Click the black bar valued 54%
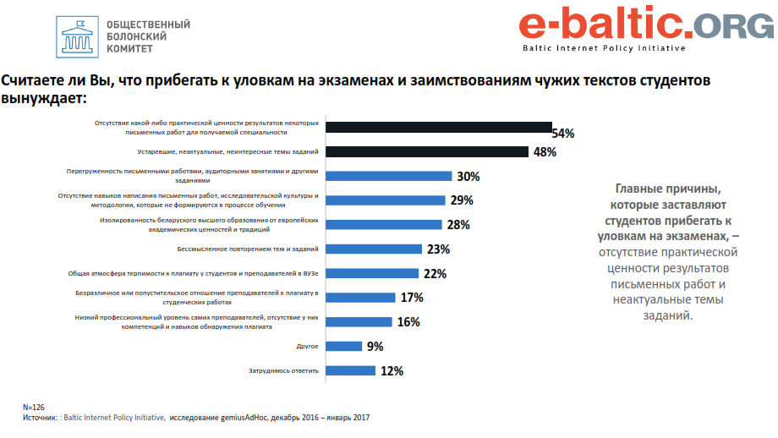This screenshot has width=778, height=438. click(438, 128)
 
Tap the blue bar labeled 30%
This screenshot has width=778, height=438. click(388, 177)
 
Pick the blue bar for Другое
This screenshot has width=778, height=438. click(344, 346)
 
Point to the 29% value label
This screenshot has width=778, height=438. click(462, 201)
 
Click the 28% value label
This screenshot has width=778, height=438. click(458, 225)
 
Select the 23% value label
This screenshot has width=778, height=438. click(438, 249)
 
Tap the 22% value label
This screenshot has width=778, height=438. click(435, 273)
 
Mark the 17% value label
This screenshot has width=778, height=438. click(412, 298)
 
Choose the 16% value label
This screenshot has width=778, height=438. click(408, 322)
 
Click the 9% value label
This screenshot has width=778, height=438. click(375, 346)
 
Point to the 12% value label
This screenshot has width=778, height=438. click(392, 370)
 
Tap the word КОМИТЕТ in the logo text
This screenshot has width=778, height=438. click(130, 50)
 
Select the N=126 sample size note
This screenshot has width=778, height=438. click(34, 408)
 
